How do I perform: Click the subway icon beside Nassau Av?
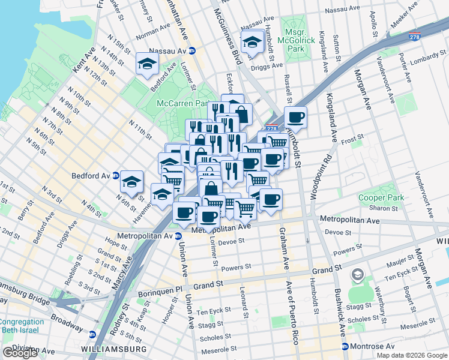coord(192,51)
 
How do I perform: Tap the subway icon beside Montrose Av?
coord(345,347)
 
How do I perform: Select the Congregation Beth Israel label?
coord(22,326)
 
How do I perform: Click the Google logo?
coord(19,352)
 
